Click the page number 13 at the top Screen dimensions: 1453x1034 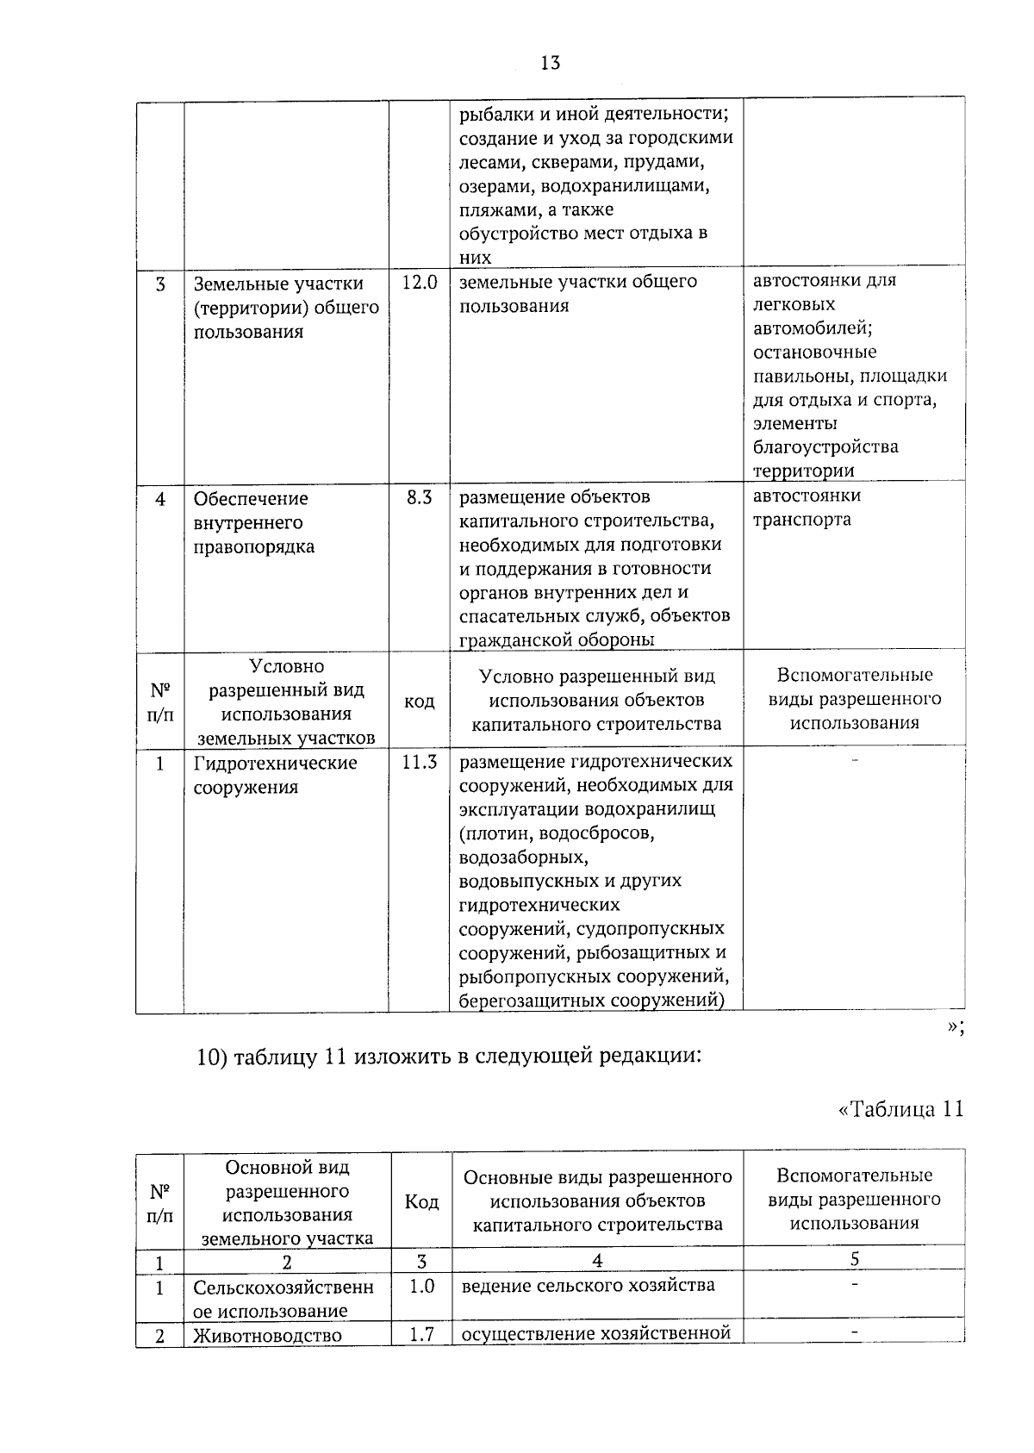(551, 63)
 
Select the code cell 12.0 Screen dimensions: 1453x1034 (419, 283)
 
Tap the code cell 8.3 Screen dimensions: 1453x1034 (419, 497)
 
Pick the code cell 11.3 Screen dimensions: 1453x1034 (419, 762)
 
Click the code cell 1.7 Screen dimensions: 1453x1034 (421, 1334)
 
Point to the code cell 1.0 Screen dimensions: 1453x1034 (421, 1286)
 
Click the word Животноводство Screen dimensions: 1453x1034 (267, 1336)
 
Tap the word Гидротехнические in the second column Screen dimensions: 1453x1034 (275, 764)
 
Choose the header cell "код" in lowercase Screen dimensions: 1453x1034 (419, 702)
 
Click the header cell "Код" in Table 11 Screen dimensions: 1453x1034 (421, 1201)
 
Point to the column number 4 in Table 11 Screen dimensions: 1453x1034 (597, 1260)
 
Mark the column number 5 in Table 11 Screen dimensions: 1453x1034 (854, 1259)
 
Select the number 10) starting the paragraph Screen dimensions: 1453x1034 (211, 1057)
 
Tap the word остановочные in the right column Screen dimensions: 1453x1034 (814, 352)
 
